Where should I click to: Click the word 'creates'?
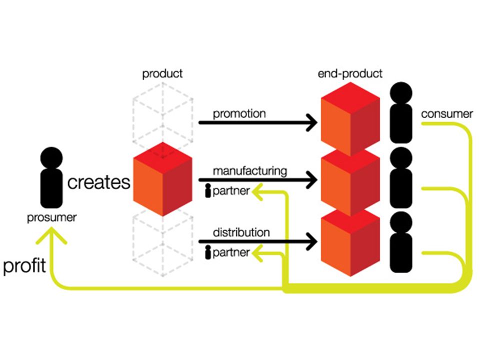coord(98,182)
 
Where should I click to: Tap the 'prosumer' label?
coord(51,217)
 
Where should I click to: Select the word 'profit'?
coord(24,265)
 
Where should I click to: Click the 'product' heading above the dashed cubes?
coord(162,74)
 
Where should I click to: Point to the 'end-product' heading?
coord(350,74)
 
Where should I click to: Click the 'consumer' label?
coord(447,114)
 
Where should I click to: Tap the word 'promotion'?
coord(239,113)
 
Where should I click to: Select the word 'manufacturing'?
coord(250,171)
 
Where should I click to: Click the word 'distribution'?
coord(241,232)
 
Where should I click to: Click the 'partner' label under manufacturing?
coord(231,191)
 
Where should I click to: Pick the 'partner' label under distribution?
coord(231,252)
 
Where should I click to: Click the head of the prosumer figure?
coord(51,158)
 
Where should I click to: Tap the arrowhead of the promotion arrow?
coord(312,122)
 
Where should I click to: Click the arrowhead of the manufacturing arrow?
coord(312,179)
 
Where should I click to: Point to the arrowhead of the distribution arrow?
coord(312,241)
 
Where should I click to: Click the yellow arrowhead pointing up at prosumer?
coord(51,235)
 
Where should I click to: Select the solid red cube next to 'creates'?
coord(162,179)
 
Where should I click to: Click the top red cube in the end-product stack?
coord(350,119)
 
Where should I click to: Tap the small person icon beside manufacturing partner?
coord(208,190)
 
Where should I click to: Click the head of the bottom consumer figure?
coord(401,222)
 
